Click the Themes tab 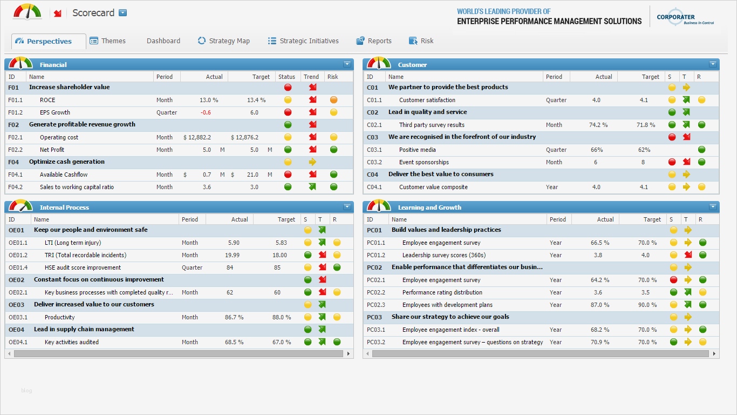pyautogui.click(x=107, y=41)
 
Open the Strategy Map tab pyautogui.click(x=223, y=41)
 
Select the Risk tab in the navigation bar pyautogui.click(x=421, y=41)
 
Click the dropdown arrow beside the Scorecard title pyautogui.click(x=123, y=13)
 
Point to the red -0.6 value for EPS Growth pyautogui.click(x=206, y=112)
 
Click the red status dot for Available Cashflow pyautogui.click(x=288, y=175)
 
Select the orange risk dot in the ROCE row pyautogui.click(x=333, y=100)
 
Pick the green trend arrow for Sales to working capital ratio pyautogui.click(x=312, y=187)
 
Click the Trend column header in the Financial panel pyautogui.click(x=311, y=77)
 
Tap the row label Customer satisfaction pyautogui.click(x=427, y=100)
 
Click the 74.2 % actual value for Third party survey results pyautogui.click(x=598, y=125)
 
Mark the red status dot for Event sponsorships pyautogui.click(x=672, y=162)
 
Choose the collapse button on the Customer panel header pyautogui.click(x=713, y=64)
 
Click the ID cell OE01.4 pyautogui.click(x=18, y=267)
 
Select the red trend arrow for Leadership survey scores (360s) pyautogui.click(x=688, y=255)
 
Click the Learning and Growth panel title pyautogui.click(x=429, y=207)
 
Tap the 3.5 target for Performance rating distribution pyautogui.click(x=646, y=292)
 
